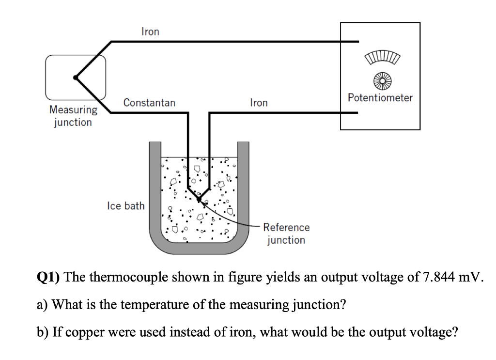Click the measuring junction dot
pyautogui.click(x=75, y=77)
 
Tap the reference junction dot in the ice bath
pyautogui.click(x=198, y=199)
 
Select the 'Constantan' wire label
pyautogui.click(x=149, y=103)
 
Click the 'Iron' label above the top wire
pyautogui.click(x=150, y=31)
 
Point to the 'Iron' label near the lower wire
pyautogui.click(x=259, y=103)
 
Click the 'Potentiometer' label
pyautogui.click(x=380, y=97)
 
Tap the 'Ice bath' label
pyautogui.click(x=125, y=206)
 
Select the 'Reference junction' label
pyautogui.click(x=286, y=234)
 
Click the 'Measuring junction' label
pyautogui.click(x=73, y=116)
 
